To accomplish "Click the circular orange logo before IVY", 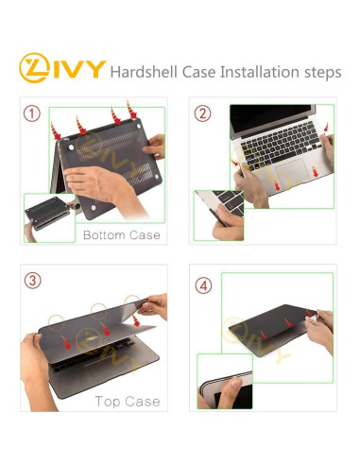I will (x=35, y=69).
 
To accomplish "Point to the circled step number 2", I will (x=202, y=114).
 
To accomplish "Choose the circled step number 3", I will (x=33, y=281).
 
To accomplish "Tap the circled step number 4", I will (x=204, y=284).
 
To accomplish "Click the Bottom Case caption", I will (x=121, y=234).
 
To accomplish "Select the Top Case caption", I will (x=126, y=401).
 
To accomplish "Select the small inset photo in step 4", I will (x=224, y=382).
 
